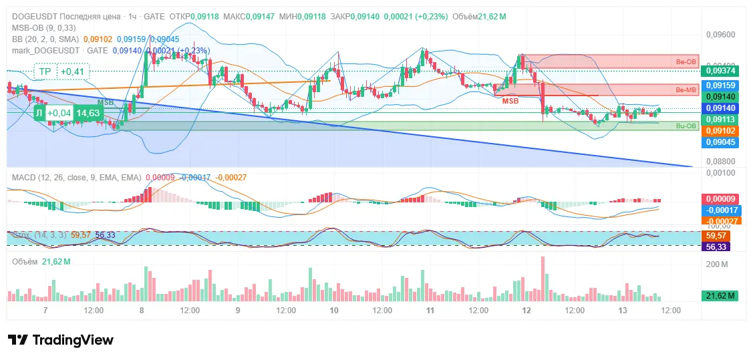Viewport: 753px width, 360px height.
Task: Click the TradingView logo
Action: [60, 340]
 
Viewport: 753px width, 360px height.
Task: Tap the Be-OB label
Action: [686, 61]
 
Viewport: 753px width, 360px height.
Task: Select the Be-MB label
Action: [686, 89]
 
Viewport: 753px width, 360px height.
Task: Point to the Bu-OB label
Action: [686, 126]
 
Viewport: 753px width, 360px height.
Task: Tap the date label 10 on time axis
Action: [334, 311]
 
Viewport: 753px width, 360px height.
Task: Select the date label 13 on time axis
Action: [623, 311]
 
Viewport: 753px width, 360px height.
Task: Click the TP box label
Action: [45, 71]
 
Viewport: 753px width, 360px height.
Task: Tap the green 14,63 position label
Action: [88, 114]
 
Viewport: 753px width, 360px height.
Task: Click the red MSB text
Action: [510, 101]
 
